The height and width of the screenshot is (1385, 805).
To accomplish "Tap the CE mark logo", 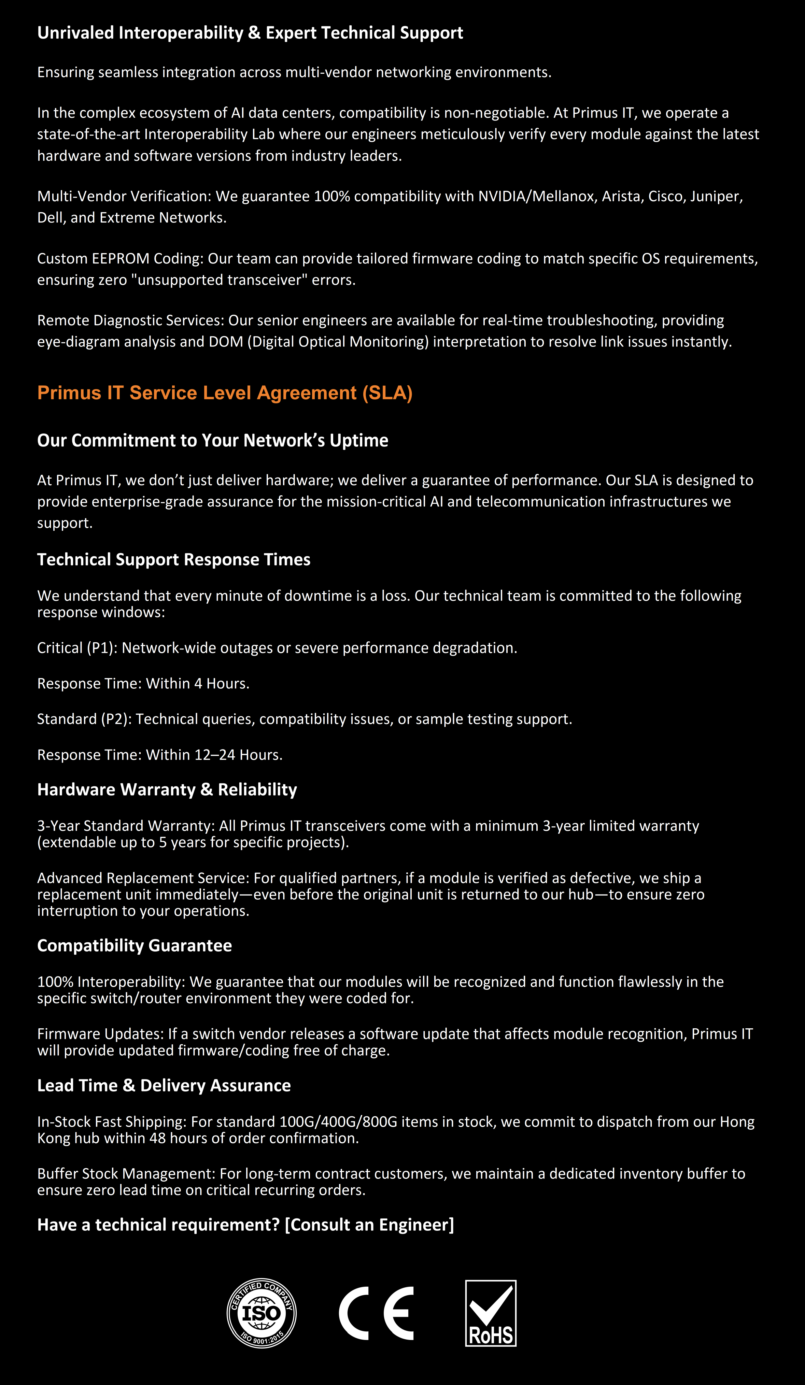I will click(x=376, y=1313).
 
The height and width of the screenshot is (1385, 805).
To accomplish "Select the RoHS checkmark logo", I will click(x=491, y=1313).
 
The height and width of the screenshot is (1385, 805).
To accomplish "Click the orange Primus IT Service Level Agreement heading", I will click(x=225, y=393).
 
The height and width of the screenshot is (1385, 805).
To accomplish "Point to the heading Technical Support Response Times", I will click(x=174, y=559).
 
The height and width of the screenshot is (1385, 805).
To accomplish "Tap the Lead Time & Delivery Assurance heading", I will click(x=164, y=1085).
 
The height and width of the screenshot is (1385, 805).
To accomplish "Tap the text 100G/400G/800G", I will click(x=338, y=1122).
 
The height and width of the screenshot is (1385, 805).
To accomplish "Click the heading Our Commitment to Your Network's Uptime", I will click(x=213, y=440).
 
